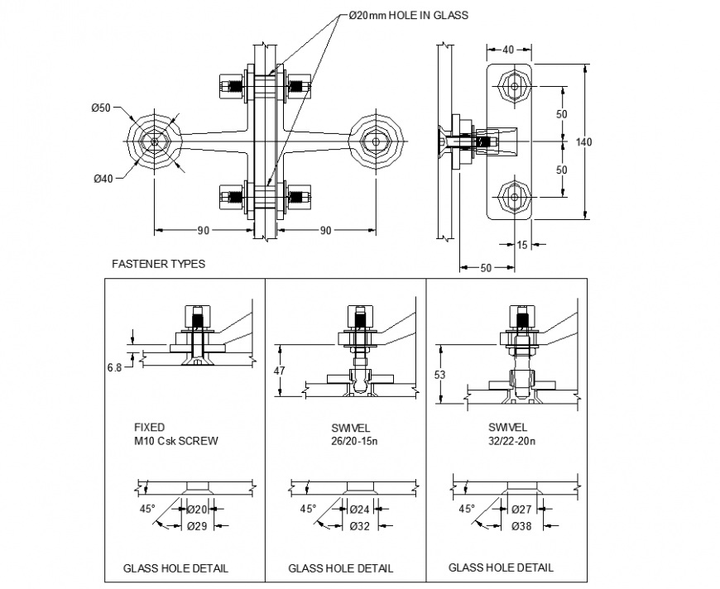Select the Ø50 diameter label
tap(101, 108)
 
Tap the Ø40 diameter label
tap(103, 179)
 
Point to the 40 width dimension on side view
tap(507, 49)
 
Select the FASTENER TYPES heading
tap(158, 264)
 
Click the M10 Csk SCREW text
tap(176, 441)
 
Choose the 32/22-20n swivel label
tap(511, 441)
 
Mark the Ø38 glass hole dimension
tap(521, 525)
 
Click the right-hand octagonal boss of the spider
tap(377, 142)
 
